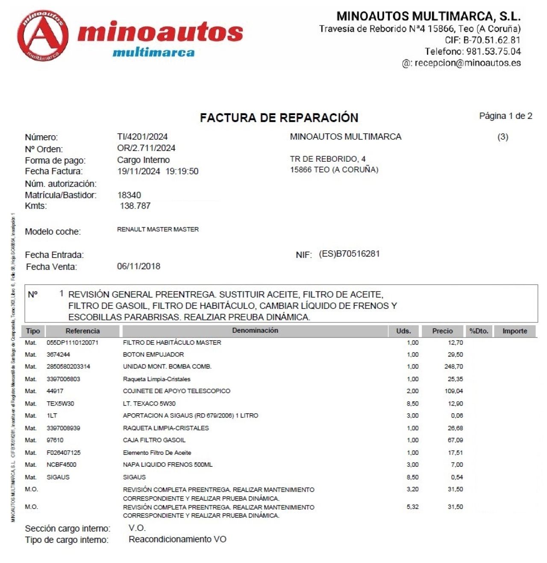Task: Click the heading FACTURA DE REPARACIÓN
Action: (279, 118)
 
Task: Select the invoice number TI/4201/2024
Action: (142, 137)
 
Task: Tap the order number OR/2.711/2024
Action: (146, 148)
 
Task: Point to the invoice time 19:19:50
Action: (182, 172)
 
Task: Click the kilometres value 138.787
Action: (135, 206)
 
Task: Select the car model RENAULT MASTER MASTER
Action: (158, 229)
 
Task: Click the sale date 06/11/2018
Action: (138, 266)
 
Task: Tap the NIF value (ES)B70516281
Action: (349, 254)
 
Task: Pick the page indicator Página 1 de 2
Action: (506, 116)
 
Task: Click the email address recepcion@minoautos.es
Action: (468, 63)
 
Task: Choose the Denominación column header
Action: (255, 331)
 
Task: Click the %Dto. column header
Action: (479, 331)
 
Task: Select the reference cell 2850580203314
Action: (68, 367)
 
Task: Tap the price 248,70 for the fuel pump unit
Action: (453, 367)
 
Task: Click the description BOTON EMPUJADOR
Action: (153, 355)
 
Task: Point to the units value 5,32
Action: (412, 507)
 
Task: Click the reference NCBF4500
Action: (62, 465)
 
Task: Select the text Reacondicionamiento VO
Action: (177, 539)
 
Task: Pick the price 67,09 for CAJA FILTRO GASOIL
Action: (455, 440)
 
